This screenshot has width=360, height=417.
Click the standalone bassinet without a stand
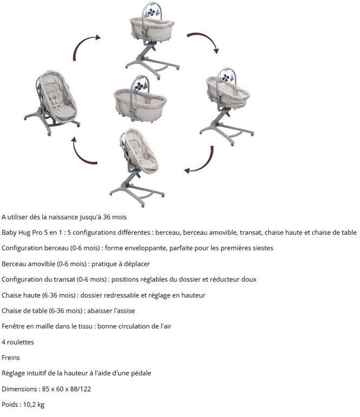[x=140, y=100]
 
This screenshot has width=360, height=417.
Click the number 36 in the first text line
[x=106, y=217]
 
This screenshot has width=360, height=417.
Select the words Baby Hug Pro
[x=22, y=233]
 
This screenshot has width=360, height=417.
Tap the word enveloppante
[x=145, y=248]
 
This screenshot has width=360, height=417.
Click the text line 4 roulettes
[x=18, y=342]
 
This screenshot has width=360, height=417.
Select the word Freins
[x=11, y=358]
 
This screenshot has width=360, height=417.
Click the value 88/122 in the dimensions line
[x=81, y=389]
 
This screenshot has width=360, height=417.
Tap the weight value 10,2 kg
[x=34, y=405]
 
